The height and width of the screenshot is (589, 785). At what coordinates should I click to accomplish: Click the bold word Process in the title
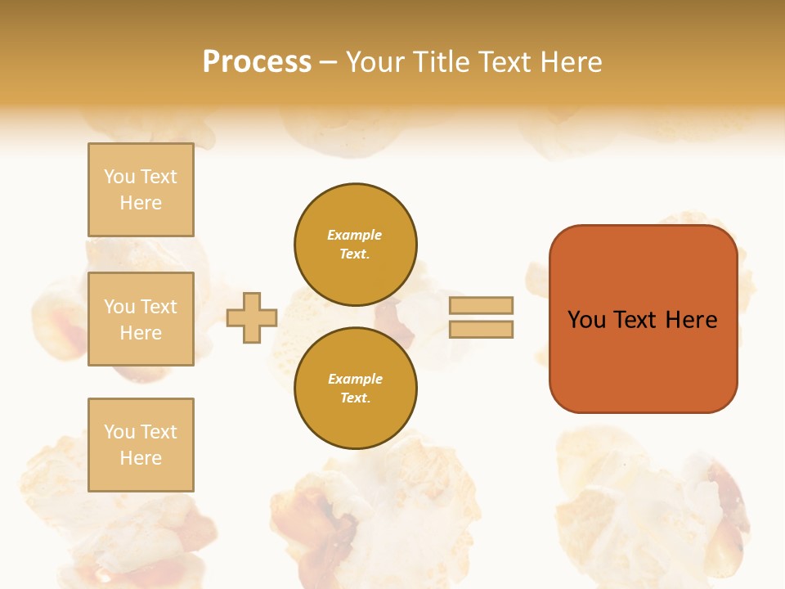pyautogui.click(x=257, y=62)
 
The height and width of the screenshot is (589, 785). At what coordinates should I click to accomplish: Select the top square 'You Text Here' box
pyautogui.click(x=141, y=190)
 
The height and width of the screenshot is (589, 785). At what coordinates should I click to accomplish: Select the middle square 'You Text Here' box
pyautogui.click(x=141, y=319)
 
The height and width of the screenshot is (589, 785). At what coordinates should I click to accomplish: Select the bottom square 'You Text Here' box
pyautogui.click(x=141, y=444)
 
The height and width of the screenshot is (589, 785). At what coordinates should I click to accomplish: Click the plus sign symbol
pyautogui.click(x=252, y=317)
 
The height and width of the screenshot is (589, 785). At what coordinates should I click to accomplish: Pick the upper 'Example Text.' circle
pyautogui.click(x=355, y=245)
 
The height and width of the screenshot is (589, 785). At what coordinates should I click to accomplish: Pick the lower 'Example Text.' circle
pyautogui.click(x=355, y=388)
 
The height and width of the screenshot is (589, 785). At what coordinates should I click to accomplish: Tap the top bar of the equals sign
pyautogui.click(x=481, y=305)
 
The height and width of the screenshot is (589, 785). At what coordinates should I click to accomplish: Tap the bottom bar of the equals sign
pyautogui.click(x=481, y=329)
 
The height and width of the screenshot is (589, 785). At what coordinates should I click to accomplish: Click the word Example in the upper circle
pyautogui.click(x=355, y=235)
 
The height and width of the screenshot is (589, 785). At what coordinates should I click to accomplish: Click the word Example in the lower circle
pyautogui.click(x=355, y=379)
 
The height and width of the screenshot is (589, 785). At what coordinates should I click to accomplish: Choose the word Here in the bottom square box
pyautogui.click(x=141, y=458)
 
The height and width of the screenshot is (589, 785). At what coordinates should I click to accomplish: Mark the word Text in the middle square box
pyautogui.click(x=159, y=307)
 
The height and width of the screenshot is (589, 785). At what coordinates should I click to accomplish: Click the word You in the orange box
pyautogui.click(x=586, y=320)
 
